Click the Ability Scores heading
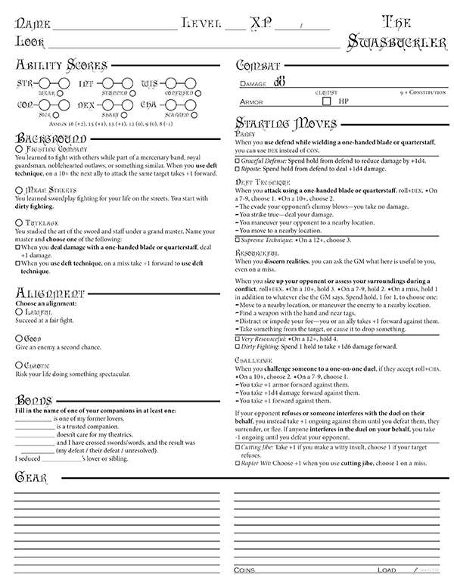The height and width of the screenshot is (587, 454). pyautogui.click(x=53, y=65)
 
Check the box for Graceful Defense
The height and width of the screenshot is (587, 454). pyautogui.click(x=238, y=161)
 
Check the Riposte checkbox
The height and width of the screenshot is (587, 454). pyautogui.click(x=238, y=170)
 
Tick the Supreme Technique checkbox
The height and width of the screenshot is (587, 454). pyautogui.click(x=238, y=239)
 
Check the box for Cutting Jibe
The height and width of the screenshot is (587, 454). pyautogui.click(x=238, y=447)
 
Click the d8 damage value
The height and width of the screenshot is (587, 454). pyautogui.click(x=279, y=82)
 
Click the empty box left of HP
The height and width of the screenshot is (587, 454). pyautogui.click(x=326, y=100)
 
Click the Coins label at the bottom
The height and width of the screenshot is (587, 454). pyautogui.click(x=245, y=569)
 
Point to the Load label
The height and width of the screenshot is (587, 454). pyautogui.click(x=387, y=569)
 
